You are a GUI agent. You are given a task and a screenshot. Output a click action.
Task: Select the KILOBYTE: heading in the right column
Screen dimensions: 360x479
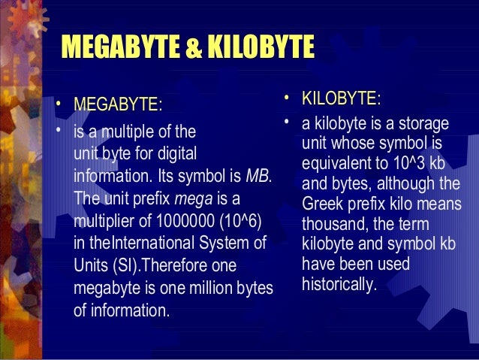(x=341, y=99)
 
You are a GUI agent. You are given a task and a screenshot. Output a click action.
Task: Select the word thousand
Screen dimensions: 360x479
(x=334, y=225)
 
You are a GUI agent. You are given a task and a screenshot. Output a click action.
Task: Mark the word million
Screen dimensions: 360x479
(x=209, y=288)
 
